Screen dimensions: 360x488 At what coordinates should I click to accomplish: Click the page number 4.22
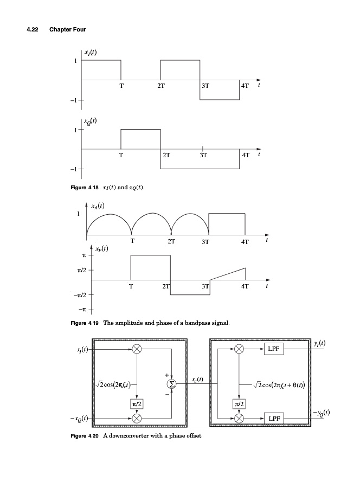click(x=33, y=30)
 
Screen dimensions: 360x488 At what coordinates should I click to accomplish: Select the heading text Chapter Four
click(x=68, y=30)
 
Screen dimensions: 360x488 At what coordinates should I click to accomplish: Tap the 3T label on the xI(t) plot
click(x=205, y=86)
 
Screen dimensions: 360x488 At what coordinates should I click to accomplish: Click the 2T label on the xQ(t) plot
click(x=166, y=155)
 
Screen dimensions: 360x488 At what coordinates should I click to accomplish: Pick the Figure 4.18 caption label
click(x=85, y=188)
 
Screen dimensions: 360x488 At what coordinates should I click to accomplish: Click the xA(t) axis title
click(x=98, y=206)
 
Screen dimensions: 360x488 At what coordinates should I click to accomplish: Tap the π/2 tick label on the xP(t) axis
click(x=82, y=270)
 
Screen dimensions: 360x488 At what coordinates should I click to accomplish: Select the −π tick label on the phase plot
click(x=82, y=310)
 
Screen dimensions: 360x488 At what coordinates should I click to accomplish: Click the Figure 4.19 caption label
click(x=85, y=323)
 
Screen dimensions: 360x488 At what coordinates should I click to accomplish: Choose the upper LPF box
click(x=274, y=349)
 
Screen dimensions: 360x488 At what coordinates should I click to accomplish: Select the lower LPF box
click(x=274, y=419)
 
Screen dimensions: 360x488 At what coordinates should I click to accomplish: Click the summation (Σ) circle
click(x=171, y=384)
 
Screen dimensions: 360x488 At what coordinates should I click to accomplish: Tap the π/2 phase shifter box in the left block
click(x=137, y=404)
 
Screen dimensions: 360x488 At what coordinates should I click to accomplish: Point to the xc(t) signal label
click(x=197, y=380)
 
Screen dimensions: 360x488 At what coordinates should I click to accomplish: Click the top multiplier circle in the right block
click(x=239, y=349)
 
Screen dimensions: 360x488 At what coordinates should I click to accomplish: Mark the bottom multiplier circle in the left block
click(x=137, y=419)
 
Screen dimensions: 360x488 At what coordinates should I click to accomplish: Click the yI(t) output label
click(x=319, y=344)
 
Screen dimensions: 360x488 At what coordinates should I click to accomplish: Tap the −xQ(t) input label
click(x=79, y=418)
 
